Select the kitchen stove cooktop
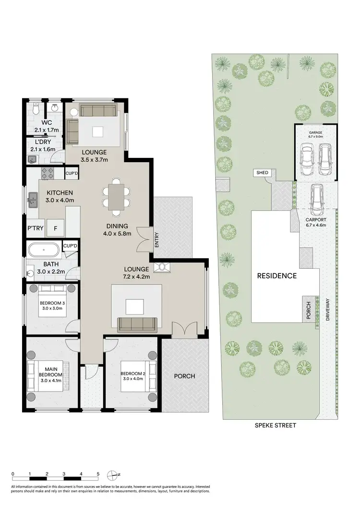point(48,173)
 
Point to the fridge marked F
point(55,229)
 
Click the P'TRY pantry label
point(35,229)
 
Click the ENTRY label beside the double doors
point(156,239)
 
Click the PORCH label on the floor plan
point(184,376)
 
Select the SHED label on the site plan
point(263,173)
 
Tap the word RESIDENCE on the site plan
point(276,276)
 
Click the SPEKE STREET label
point(276,425)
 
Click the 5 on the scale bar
point(98,473)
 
